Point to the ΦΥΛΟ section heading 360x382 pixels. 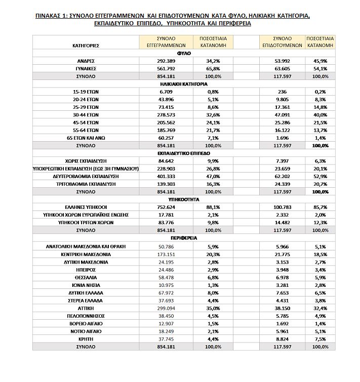pos(184,52)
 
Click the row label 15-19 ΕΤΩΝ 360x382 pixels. pos(85,92)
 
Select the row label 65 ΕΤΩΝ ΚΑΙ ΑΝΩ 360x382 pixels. pos(85,138)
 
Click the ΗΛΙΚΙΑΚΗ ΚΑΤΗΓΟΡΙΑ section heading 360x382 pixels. pos(184,84)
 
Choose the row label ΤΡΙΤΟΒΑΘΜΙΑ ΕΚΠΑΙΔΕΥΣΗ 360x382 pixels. pos(85,184)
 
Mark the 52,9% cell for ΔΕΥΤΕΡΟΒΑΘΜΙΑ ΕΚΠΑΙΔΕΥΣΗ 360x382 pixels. pos(319,177)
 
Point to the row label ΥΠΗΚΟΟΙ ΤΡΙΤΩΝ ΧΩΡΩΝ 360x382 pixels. pos(85,223)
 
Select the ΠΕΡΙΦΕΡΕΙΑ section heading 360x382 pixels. pos(184,238)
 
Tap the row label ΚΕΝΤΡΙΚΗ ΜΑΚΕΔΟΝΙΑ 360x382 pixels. pos(85,253)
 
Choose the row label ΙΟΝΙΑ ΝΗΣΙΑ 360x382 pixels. pos(85,285)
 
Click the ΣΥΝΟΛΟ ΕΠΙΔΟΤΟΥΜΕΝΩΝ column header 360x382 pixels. pos(282,41)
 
